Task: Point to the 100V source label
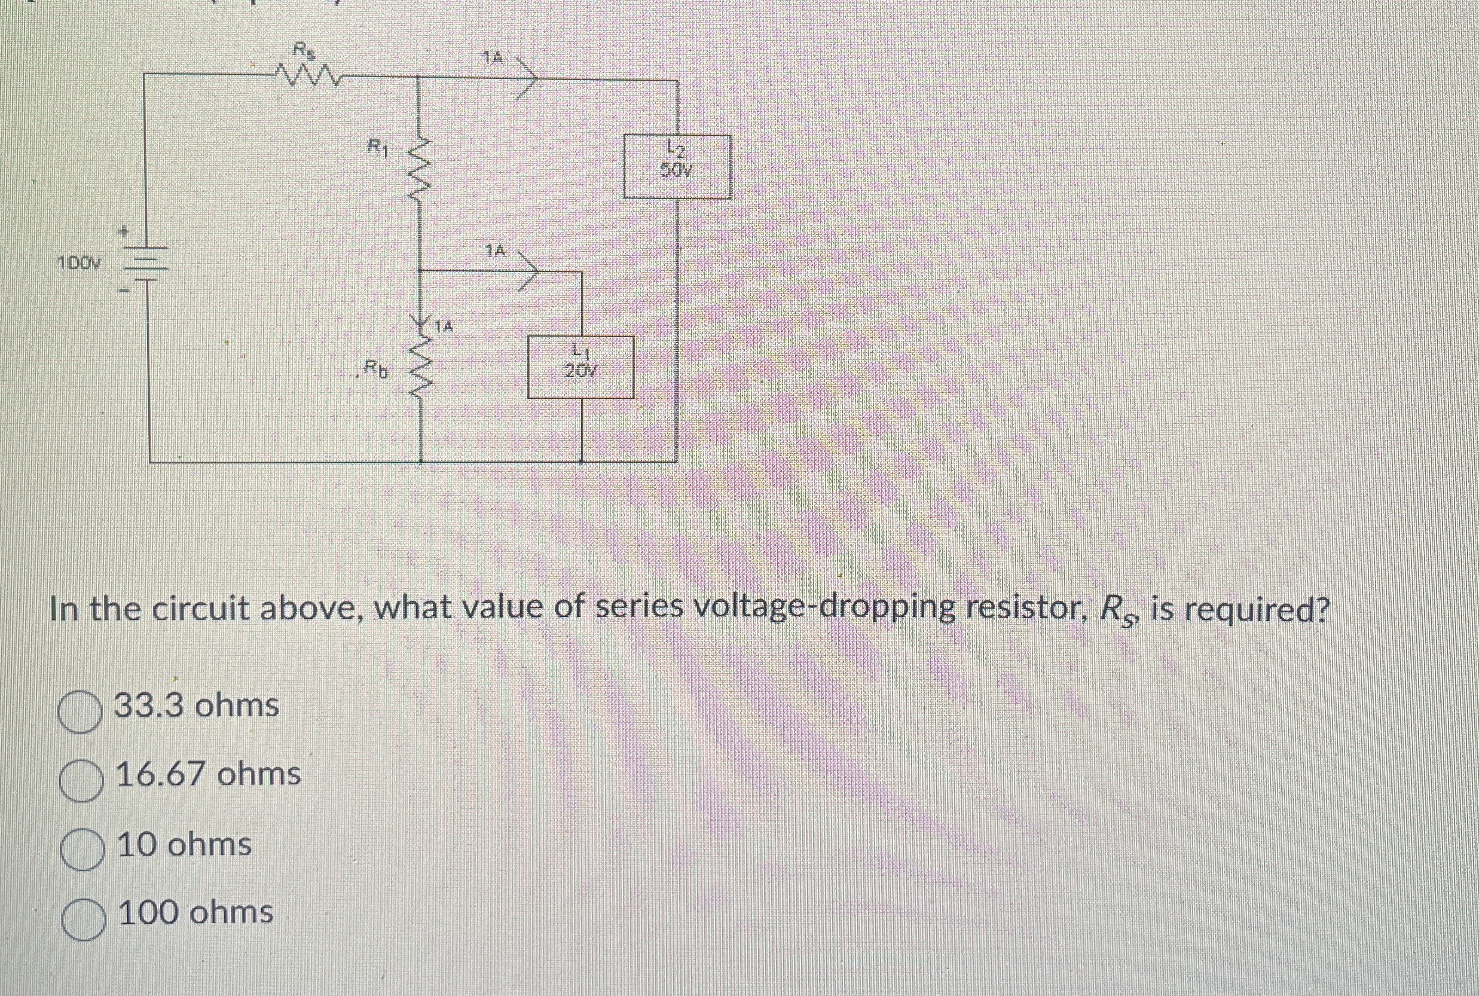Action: click(x=80, y=262)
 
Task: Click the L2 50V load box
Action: click(x=677, y=166)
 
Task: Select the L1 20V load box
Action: click(x=581, y=367)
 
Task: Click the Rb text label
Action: click(x=375, y=368)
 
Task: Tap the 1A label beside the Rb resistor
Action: click(x=445, y=327)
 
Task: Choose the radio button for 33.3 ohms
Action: click(x=81, y=713)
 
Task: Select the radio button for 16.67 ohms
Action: click(x=81, y=782)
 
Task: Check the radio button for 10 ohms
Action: click(x=82, y=851)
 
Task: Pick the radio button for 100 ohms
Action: click(x=83, y=919)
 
